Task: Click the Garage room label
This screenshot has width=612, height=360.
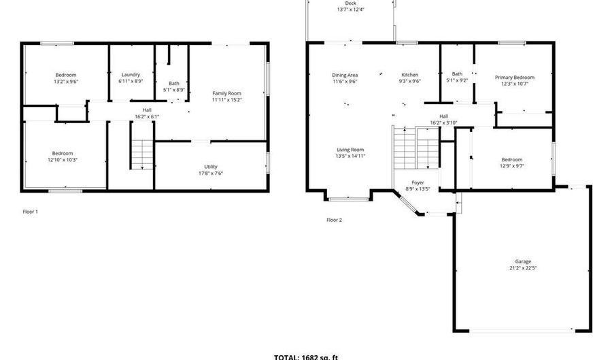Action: click(522, 261)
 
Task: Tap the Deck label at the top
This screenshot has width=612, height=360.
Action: click(350, 3)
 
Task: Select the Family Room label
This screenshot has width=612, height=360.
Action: click(226, 93)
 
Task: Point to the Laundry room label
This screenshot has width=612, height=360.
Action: click(131, 75)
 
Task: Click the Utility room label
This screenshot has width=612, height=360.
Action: click(211, 167)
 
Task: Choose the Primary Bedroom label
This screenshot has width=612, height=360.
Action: click(514, 78)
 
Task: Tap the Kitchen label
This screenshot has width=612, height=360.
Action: click(409, 75)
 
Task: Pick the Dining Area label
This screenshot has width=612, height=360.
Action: click(345, 75)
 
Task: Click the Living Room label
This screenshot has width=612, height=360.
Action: click(350, 150)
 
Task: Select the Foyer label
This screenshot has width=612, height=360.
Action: click(418, 182)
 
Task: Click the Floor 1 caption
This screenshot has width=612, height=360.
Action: click(31, 212)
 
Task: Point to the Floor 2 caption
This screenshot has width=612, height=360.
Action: click(334, 220)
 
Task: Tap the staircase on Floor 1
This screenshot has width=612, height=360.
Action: click(142, 154)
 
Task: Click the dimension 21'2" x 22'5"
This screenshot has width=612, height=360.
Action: click(522, 268)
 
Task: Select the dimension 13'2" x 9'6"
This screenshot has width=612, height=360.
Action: click(66, 81)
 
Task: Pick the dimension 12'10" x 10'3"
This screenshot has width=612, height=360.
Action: click(63, 160)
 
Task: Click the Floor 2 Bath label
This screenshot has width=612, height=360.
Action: click(457, 74)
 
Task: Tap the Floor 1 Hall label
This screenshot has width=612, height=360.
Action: click(147, 110)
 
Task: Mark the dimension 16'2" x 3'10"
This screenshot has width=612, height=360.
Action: click(443, 122)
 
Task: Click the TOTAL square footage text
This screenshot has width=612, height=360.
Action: click(306, 357)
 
